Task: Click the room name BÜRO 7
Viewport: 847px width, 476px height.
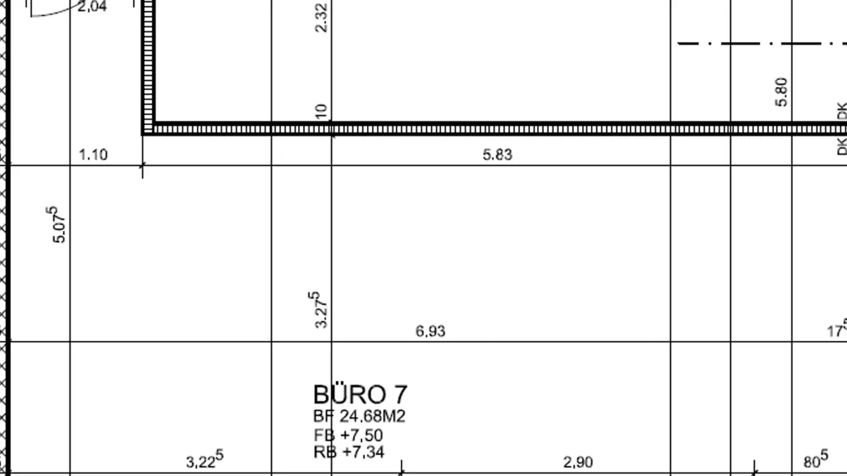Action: click(x=361, y=394)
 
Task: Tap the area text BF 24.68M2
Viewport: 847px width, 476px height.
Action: click(x=359, y=416)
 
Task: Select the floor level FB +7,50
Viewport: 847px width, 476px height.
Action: click(x=348, y=435)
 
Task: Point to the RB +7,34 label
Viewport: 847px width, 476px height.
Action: click(x=349, y=452)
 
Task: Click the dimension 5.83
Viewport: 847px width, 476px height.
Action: click(x=498, y=155)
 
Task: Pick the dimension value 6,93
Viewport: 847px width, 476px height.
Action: click(x=431, y=331)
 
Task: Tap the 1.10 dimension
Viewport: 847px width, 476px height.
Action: click(x=93, y=155)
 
